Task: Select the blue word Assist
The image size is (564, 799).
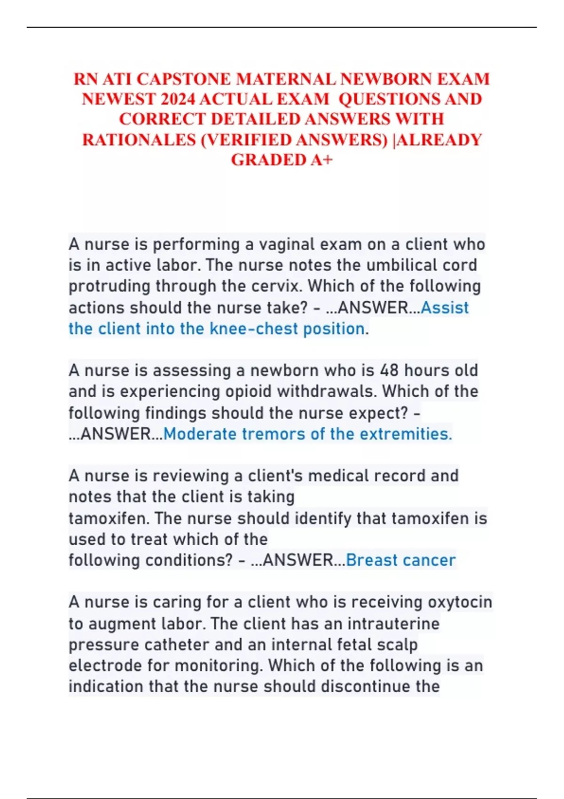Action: pyautogui.click(x=445, y=307)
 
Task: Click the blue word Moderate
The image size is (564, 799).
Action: pyautogui.click(x=200, y=434)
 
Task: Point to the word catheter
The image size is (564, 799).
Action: pyautogui.click(x=177, y=644)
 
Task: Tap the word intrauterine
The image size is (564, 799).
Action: pyautogui.click(x=393, y=624)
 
